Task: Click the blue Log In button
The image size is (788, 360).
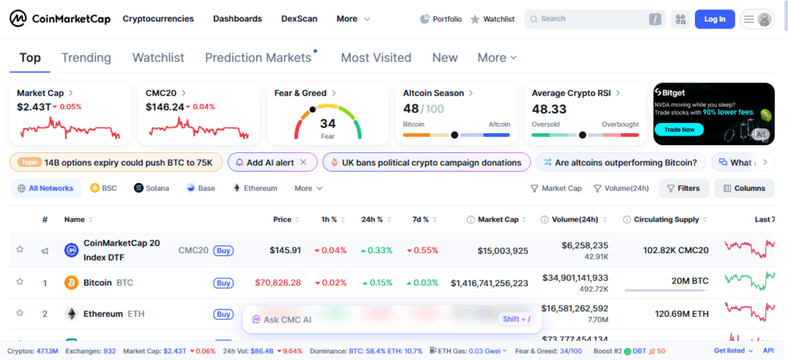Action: click(x=714, y=19)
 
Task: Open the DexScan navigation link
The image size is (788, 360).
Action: click(x=298, y=18)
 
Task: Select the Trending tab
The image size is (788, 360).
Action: click(x=86, y=58)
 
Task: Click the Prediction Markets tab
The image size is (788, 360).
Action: click(x=258, y=58)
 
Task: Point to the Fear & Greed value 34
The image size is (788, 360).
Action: click(x=328, y=123)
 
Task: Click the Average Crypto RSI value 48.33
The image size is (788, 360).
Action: click(x=549, y=109)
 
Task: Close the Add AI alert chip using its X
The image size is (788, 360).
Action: click(x=303, y=162)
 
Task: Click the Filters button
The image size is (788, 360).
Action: click(x=683, y=188)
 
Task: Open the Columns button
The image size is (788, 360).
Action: click(x=743, y=188)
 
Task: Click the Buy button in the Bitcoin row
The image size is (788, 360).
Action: click(x=223, y=283)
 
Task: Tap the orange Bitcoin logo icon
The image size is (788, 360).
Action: click(x=72, y=283)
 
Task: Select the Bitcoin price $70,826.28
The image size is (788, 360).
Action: click(x=278, y=283)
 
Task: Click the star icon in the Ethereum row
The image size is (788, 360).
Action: click(x=20, y=314)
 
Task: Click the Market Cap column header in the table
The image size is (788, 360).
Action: click(x=497, y=220)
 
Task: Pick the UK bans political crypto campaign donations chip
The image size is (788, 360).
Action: click(x=427, y=162)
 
